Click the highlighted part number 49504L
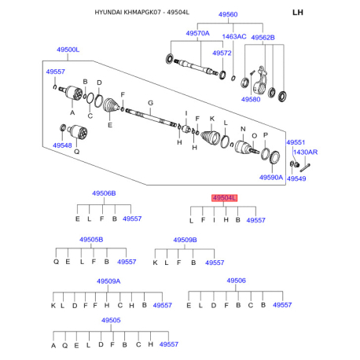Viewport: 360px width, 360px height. (224, 198)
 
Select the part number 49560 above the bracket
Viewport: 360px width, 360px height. (228, 14)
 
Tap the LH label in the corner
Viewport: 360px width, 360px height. (298, 13)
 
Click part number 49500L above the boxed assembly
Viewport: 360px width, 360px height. (68, 50)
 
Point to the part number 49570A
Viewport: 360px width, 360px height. (197, 33)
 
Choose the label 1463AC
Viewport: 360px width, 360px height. (234, 36)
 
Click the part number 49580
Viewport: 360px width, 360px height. (251, 99)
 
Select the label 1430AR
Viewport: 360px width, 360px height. (305, 152)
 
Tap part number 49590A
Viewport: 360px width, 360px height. (271, 178)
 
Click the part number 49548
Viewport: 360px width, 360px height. (62, 145)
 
